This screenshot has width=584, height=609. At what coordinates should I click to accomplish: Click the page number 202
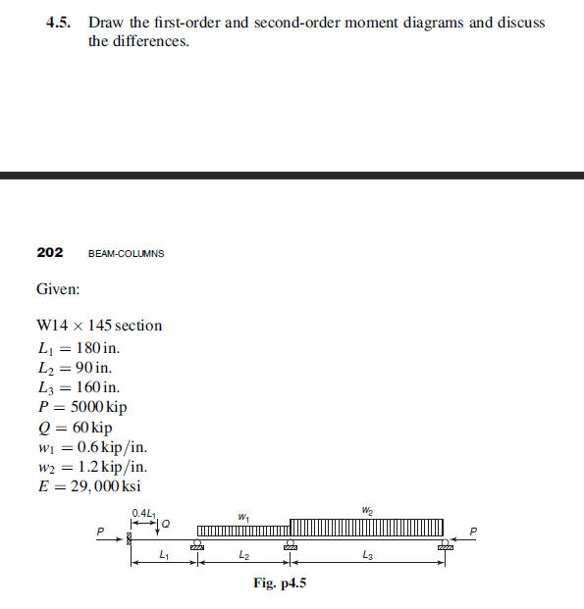[x=50, y=252]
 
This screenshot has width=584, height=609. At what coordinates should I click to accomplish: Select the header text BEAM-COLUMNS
[x=126, y=253]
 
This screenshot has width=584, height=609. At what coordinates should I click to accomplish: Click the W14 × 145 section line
[x=99, y=326]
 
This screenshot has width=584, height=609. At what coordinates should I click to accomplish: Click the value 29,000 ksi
[x=105, y=487]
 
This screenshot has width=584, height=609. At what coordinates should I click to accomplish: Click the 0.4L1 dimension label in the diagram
[x=142, y=512]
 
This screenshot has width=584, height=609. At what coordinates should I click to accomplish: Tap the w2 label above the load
[x=366, y=509]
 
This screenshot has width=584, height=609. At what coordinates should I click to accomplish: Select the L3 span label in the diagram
[x=367, y=556]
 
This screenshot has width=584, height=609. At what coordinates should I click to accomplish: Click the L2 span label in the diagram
[x=242, y=556]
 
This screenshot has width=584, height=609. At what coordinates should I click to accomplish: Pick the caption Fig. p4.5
[x=280, y=584]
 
